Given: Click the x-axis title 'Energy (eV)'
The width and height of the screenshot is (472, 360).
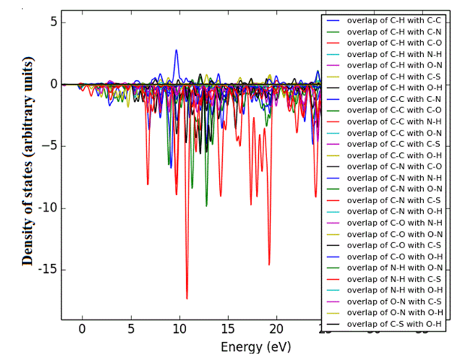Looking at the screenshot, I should pos(255,347).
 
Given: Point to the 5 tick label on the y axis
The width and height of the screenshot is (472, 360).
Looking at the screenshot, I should pos(53,22).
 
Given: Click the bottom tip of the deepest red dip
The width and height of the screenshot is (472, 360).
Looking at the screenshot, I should pos(187,298).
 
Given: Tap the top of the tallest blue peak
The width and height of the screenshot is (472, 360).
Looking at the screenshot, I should pos(176,50).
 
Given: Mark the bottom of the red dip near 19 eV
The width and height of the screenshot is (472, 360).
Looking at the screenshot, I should pos(269,265).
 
